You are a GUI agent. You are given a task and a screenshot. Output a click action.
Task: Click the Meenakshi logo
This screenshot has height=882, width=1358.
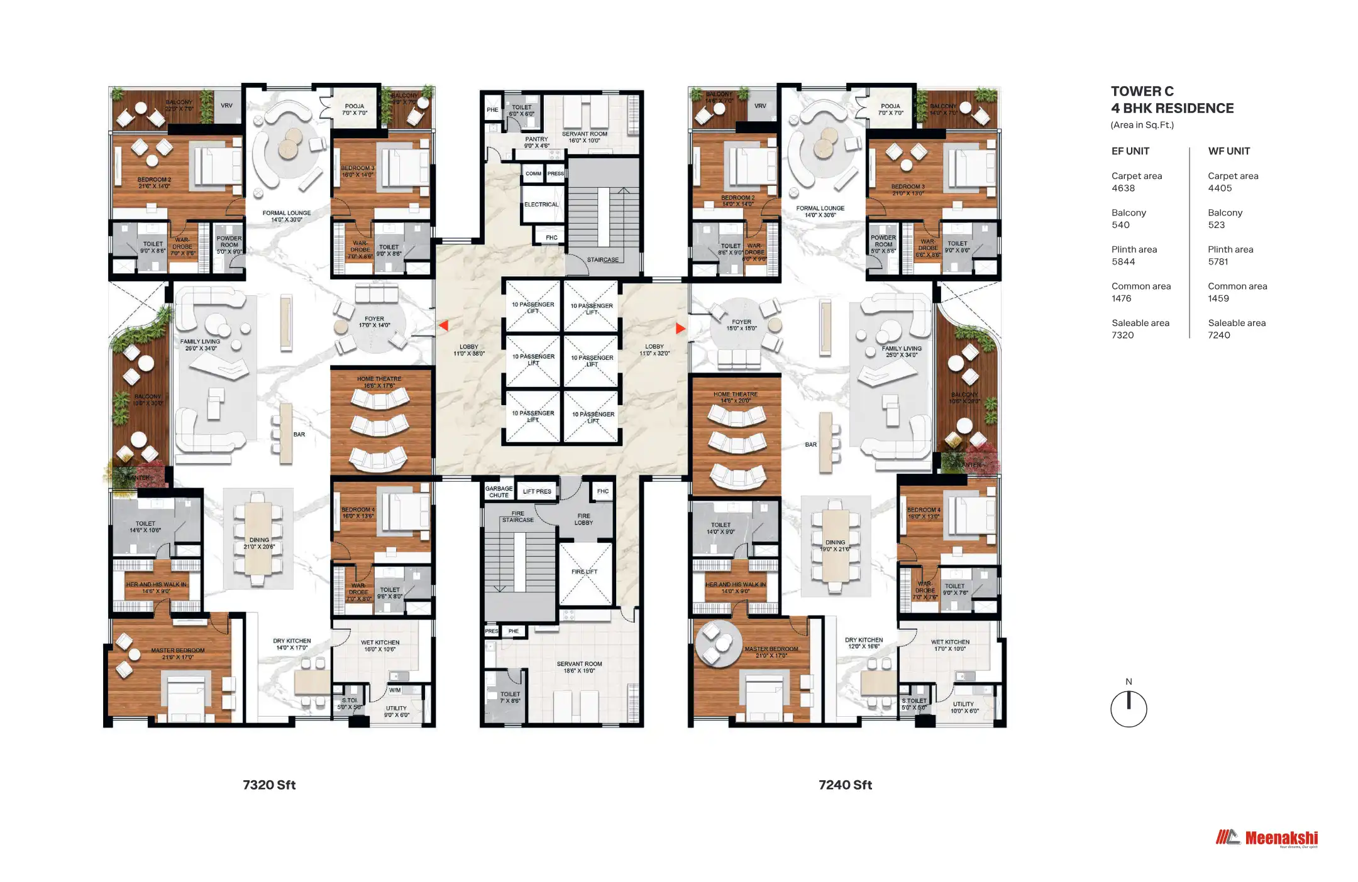[x=1267, y=838]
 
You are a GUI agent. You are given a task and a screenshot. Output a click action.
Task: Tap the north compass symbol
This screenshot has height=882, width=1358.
[x=1129, y=708]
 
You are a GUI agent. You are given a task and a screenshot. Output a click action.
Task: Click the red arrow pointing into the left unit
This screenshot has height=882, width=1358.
[x=443, y=325]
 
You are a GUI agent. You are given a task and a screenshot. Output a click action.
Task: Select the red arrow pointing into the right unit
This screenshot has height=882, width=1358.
[x=680, y=328]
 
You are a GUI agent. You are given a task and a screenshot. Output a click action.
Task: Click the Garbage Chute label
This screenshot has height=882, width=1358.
[x=499, y=491]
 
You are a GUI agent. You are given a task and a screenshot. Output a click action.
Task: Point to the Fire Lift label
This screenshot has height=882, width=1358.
[x=584, y=572]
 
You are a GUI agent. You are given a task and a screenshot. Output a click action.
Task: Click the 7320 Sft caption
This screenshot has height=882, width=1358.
[x=269, y=785]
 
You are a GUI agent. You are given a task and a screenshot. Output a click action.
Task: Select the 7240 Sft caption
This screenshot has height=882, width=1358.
[x=845, y=785]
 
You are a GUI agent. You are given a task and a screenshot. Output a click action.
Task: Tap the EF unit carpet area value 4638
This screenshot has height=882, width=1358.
[x=1123, y=188]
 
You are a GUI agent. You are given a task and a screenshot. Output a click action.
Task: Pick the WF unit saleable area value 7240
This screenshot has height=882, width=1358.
[x=1218, y=335]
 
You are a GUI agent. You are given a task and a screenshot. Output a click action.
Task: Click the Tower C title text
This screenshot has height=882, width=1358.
[x=1142, y=91]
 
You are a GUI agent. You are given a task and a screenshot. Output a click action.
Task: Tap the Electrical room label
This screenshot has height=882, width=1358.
[x=541, y=204]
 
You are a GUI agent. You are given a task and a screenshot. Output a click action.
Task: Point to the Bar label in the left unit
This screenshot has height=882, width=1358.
[x=299, y=434]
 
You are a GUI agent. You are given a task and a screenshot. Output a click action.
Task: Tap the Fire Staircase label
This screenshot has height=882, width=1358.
[x=517, y=516]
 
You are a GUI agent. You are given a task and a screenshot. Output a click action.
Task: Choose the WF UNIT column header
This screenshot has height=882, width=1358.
[x=1228, y=151]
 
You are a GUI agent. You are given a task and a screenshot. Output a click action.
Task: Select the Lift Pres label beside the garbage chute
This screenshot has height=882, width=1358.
[x=537, y=491]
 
